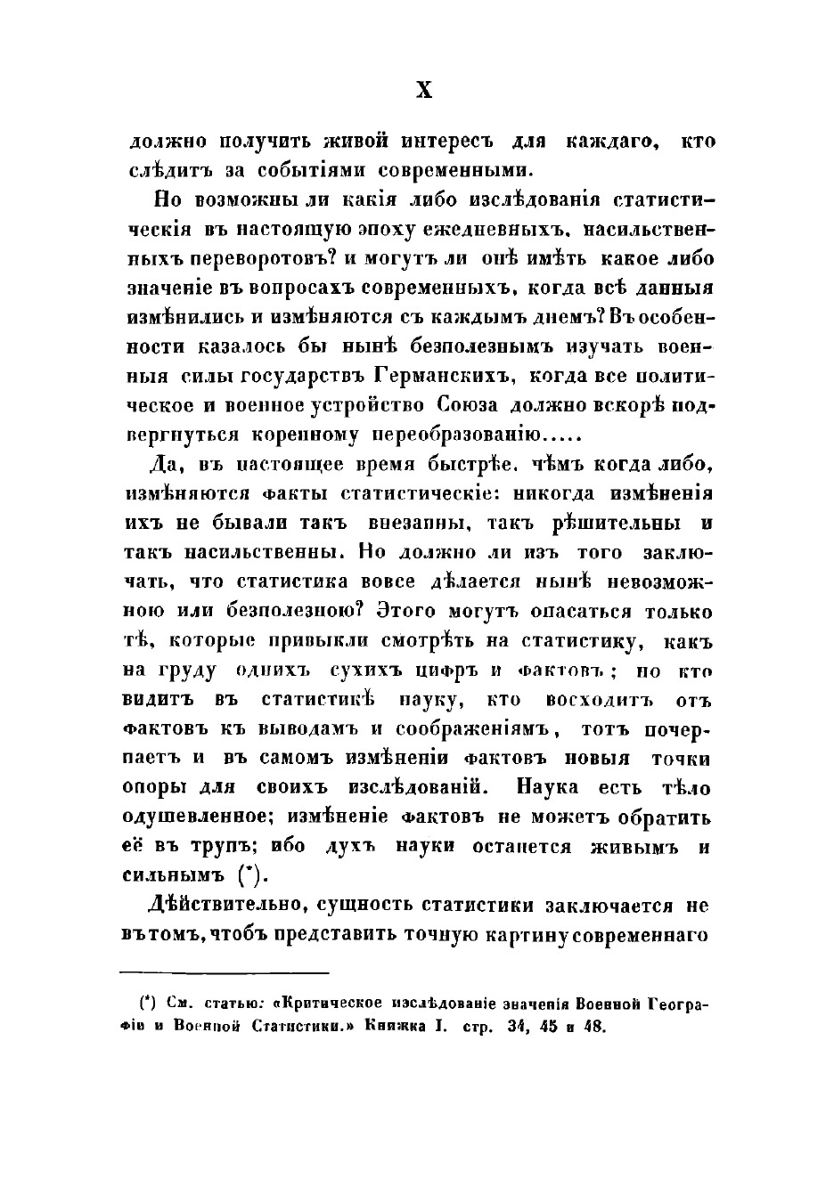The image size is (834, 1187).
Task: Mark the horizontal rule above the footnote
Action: pyautogui.click(x=225, y=972)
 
